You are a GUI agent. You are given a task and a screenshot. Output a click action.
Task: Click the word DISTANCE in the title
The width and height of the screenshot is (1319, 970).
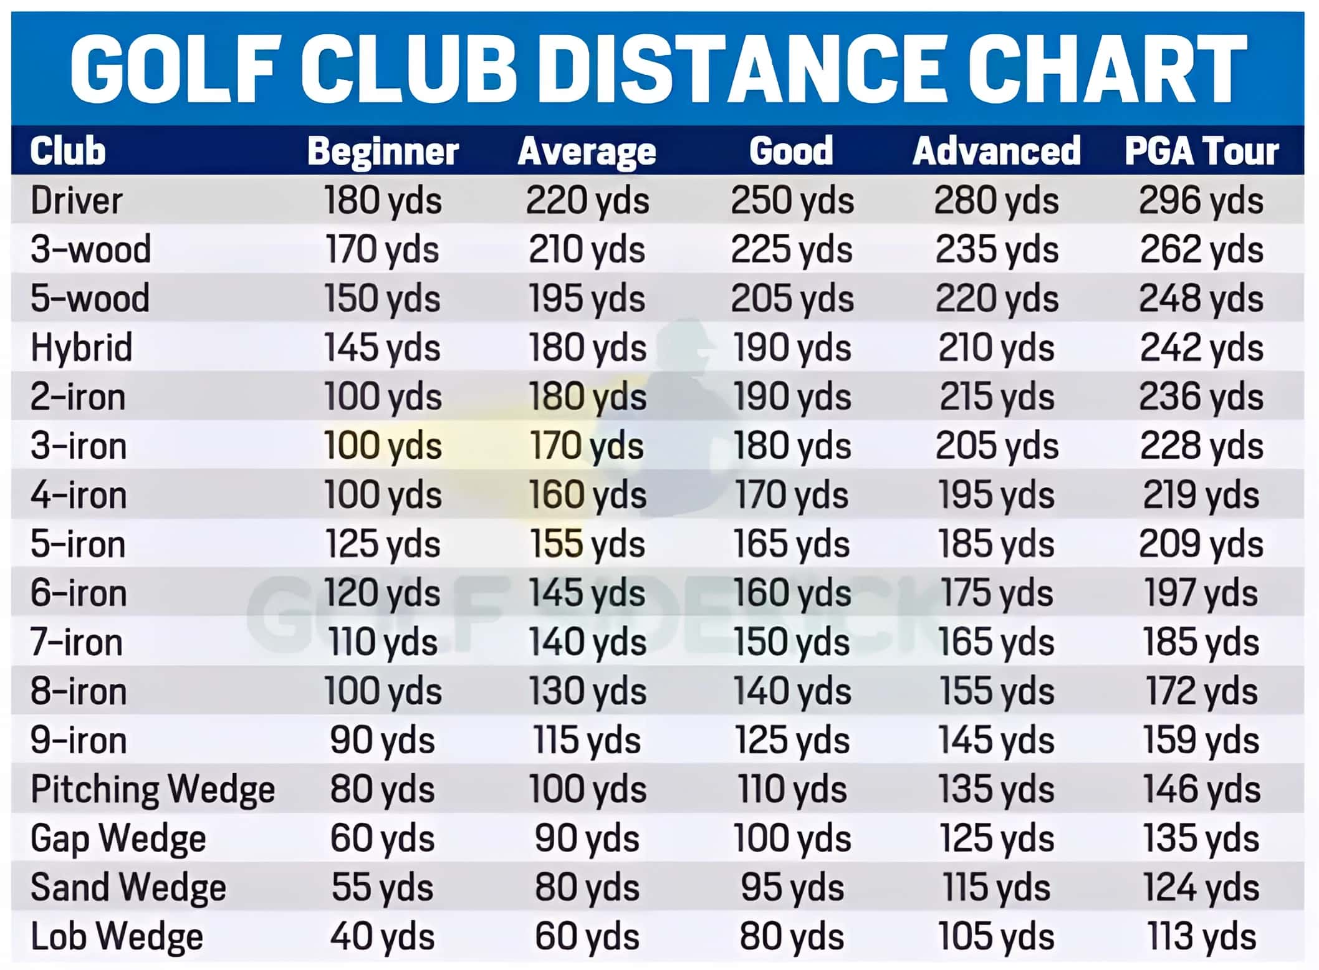click(x=744, y=68)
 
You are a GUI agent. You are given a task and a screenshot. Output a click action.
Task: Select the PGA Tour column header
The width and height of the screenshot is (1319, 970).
click(x=1201, y=151)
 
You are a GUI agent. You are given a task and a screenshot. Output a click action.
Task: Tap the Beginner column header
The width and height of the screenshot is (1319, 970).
click(x=383, y=151)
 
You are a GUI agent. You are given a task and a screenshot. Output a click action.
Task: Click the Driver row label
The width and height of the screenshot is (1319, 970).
click(x=76, y=201)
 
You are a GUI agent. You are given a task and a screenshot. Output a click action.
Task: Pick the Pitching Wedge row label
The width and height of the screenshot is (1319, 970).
click(x=153, y=789)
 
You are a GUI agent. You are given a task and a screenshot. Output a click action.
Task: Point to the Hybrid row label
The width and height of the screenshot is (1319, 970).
click(x=82, y=347)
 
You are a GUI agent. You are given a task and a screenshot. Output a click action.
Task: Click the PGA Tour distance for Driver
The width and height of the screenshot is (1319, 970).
click(x=1201, y=201)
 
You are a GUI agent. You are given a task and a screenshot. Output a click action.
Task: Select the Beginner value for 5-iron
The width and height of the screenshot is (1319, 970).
click(x=383, y=544)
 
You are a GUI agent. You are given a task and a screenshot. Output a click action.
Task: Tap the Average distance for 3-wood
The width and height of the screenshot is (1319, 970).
click(x=587, y=249)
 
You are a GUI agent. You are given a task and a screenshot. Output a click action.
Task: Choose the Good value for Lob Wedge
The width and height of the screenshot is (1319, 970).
click(x=792, y=936)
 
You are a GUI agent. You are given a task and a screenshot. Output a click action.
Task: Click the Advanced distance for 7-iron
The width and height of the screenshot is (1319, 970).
click(x=996, y=642)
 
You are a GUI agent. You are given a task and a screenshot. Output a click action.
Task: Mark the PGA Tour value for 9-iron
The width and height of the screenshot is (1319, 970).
click(x=1201, y=740)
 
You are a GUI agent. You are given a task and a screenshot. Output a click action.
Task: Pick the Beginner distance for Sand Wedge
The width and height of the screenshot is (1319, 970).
click(x=383, y=887)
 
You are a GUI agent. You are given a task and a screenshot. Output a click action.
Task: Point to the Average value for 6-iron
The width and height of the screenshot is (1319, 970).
click(x=587, y=593)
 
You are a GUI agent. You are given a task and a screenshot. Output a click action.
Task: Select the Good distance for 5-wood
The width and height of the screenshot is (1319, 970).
click(x=792, y=299)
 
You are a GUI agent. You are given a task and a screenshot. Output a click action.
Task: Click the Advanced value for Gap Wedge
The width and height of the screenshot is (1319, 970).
click(x=996, y=838)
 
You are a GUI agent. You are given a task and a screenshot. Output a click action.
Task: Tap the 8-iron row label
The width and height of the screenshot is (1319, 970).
click(x=79, y=691)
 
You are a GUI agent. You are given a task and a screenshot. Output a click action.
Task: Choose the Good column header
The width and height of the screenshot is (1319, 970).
click(x=791, y=151)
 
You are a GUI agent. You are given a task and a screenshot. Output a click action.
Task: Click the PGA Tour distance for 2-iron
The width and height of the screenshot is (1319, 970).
click(x=1201, y=396)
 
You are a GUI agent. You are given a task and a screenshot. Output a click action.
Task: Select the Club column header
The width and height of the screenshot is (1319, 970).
click(x=68, y=151)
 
